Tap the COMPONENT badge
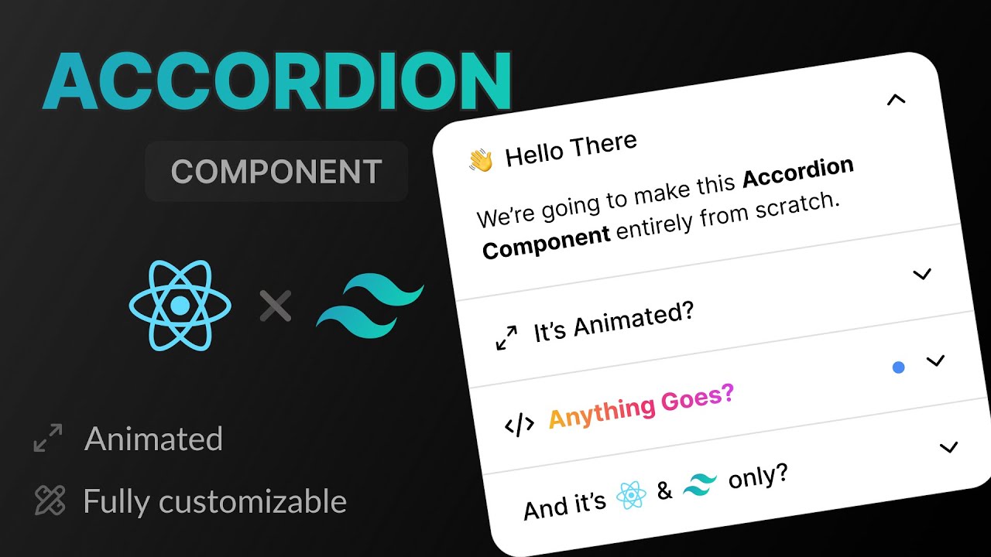point(276,172)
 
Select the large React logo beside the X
point(180,305)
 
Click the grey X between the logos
point(275,306)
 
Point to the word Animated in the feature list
point(153,439)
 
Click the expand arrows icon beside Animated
point(48,439)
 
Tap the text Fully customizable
point(214,502)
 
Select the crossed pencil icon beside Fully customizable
point(50,501)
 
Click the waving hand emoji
point(481,160)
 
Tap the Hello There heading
point(571,149)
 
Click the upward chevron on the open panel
point(896,99)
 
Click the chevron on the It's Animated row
point(921,275)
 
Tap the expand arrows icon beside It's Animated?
point(506,338)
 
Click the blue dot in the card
point(898,367)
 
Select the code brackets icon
point(519,424)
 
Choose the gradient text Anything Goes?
point(640,406)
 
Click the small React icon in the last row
point(631,495)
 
